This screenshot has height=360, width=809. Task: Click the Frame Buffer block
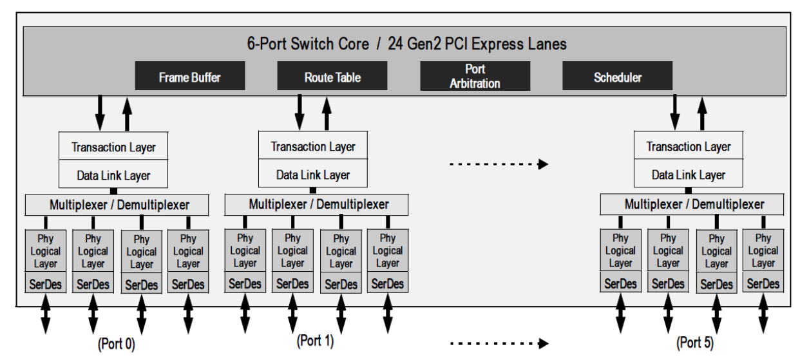click(x=190, y=76)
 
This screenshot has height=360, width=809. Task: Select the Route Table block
click(x=332, y=76)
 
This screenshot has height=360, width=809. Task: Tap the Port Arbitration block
click(x=475, y=76)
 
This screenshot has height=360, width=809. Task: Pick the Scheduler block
click(x=617, y=76)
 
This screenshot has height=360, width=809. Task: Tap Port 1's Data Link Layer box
click(x=314, y=175)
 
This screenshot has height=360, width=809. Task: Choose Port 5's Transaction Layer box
click(x=689, y=147)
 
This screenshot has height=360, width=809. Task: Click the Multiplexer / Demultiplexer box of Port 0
click(x=117, y=205)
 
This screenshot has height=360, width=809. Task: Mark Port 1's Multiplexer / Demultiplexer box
click(x=316, y=205)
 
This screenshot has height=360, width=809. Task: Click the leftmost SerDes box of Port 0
click(x=45, y=284)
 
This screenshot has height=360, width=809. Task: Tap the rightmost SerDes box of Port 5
click(x=763, y=283)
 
